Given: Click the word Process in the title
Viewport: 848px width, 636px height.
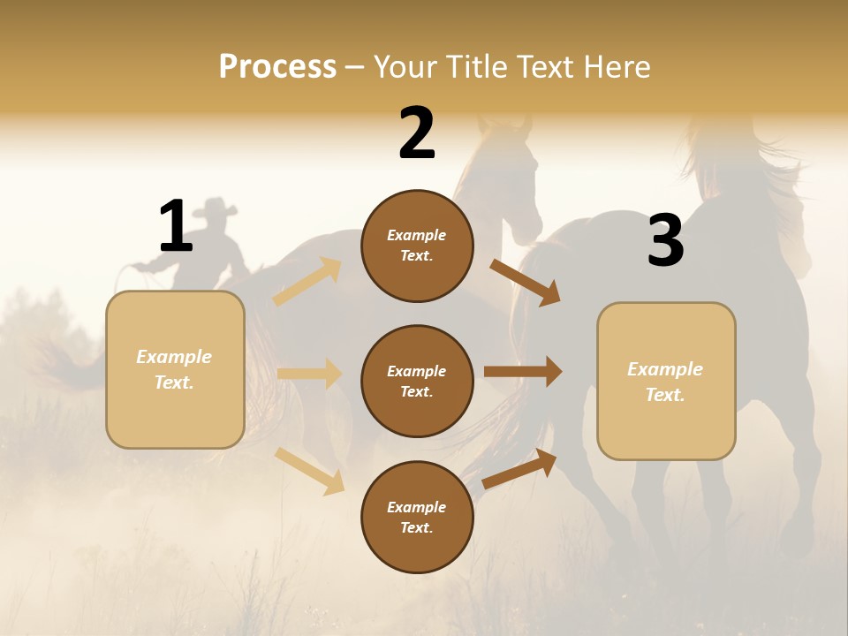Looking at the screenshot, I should pos(277,66).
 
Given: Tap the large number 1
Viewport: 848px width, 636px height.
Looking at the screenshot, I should pos(176,226).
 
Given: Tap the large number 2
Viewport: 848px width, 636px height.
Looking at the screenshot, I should pos(417,133).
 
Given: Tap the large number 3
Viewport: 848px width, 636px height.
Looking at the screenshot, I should pos(665,241).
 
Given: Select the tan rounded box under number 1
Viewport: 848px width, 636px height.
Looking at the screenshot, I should pos(175,369).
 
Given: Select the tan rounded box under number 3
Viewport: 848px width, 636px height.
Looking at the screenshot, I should pos(666,382).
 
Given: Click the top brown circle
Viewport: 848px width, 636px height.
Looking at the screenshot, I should pos(417,246).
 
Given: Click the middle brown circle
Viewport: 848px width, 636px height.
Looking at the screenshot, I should pos(417,382).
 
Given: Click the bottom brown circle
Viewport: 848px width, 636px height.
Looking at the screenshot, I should pos(417,518).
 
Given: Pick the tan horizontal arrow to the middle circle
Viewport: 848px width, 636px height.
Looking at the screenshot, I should pos(309,374).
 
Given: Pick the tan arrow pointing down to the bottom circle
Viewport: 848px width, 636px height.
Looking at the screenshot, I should pos(310,471).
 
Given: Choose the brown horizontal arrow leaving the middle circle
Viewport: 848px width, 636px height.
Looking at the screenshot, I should pos(523,372).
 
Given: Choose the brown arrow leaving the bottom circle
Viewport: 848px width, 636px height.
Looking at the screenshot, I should pos(520,468).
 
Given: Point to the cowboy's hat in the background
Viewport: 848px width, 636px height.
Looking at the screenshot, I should pos(216,208).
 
